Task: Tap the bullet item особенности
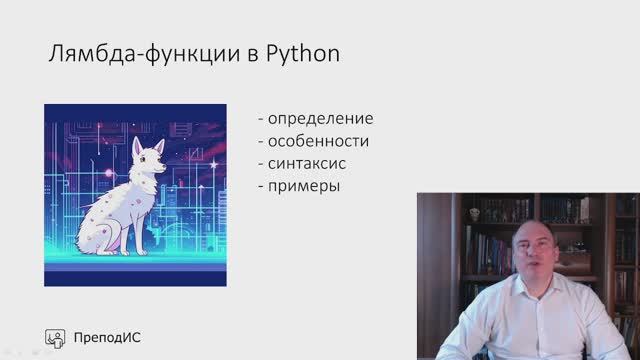tap(319, 142)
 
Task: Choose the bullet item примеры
tap(305, 186)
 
